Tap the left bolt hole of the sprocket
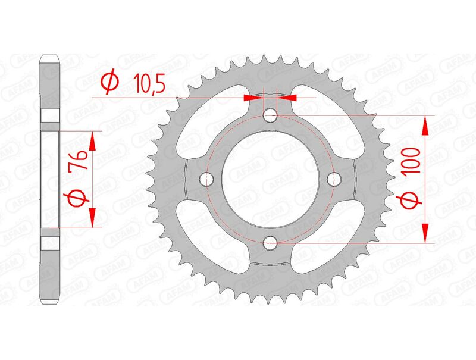click(x=208, y=178)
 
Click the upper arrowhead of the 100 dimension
click(x=425, y=126)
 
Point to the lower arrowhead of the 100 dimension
click(x=425, y=232)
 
